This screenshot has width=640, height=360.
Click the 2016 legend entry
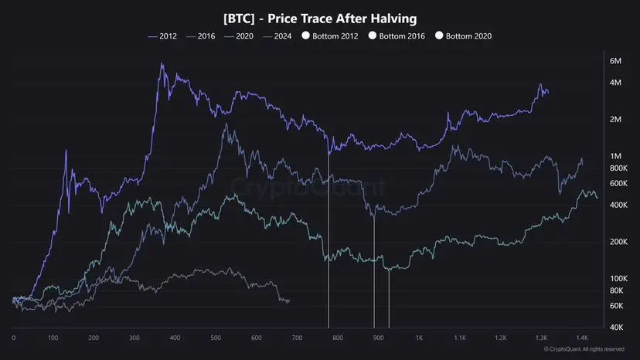[x=200, y=36]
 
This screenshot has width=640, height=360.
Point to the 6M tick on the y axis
[x=616, y=61]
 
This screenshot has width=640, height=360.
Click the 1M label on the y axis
[x=616, y=156]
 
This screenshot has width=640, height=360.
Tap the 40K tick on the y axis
[x=617, y=327]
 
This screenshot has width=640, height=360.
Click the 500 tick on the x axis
[x=378, y=338]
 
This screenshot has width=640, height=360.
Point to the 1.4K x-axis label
[x=581, y=338]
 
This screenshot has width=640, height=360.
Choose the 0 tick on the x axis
[x=14, y=338]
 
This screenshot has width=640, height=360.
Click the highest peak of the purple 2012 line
[x=162, y=64]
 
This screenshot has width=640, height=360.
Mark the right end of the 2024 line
[x=289, y=301]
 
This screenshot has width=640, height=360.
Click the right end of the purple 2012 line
[x=549, y=93]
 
